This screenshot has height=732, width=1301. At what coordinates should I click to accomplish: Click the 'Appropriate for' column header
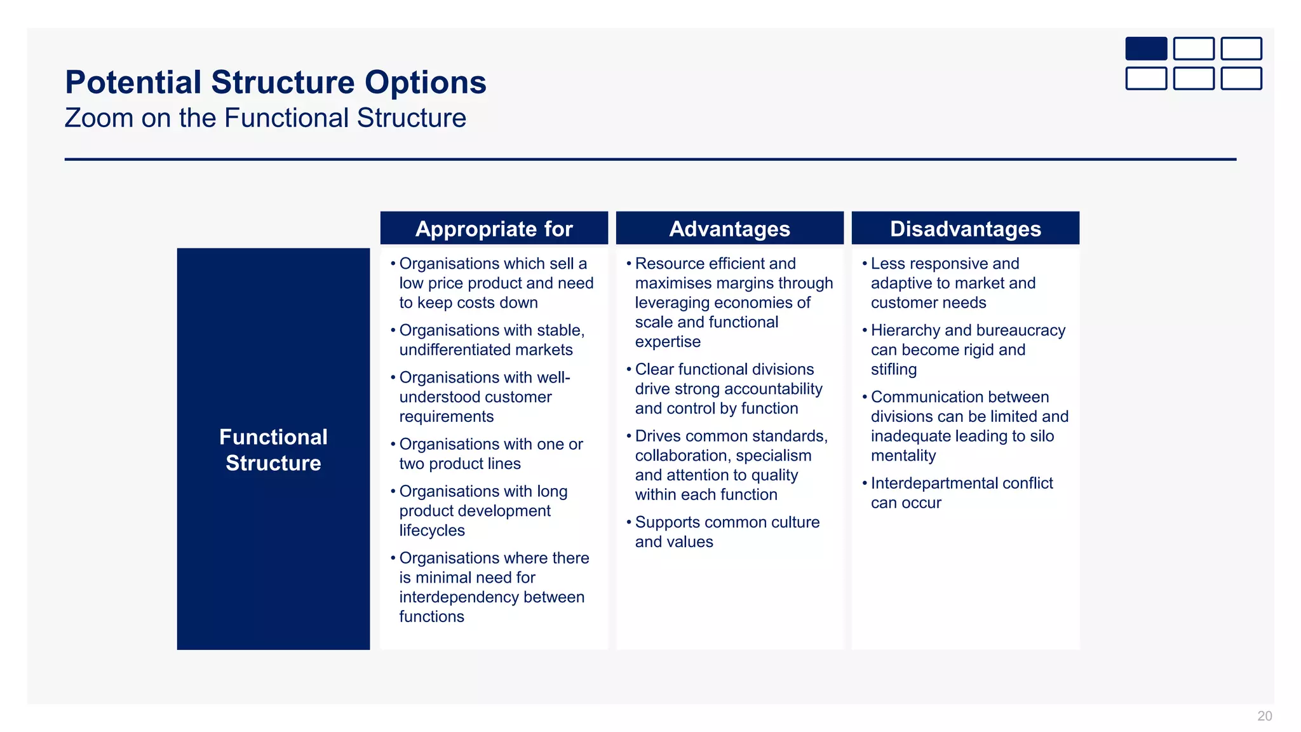pyautogui.click(x=494, y=229)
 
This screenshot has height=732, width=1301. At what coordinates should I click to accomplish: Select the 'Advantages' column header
pyautogui.click(x=729, y=229)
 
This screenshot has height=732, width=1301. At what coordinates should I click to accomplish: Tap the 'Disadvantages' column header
pyautogui.click(x=965, y=229)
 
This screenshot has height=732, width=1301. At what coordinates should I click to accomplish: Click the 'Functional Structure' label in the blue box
pyautogui.click(x=273, y=450)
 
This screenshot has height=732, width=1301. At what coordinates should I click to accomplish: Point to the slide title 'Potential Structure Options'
pyautogui.click(x=276, y=83)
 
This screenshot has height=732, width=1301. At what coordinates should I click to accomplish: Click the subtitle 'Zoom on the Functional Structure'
pyautogui.click(x=266, y=118)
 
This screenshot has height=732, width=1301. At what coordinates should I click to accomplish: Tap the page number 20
pyautogui.click(x=1264, y=716)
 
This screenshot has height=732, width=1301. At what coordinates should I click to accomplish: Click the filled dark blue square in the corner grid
pyautogui.click(x=1146, y=49)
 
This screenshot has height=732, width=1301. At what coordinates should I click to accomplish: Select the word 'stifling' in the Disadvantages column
pyautogui.click(x=893, y=370)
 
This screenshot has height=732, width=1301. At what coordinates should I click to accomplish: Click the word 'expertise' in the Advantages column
pyautogui.click(x=668, y=342)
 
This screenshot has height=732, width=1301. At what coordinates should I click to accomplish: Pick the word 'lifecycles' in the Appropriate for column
pyautogui.click(x=432, y=531)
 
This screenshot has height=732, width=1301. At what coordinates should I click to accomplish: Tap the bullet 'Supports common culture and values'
pyautogui.click(x=727, y=532)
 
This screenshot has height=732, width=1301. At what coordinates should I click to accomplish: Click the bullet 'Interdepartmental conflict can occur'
pyautogui.click(x=961, y=493)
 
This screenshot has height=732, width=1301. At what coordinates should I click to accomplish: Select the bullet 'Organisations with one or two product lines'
pyautogui.click(x=490, y=454)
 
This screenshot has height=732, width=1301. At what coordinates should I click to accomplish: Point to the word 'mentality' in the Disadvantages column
pyautogui.click(x=903, y=456)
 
